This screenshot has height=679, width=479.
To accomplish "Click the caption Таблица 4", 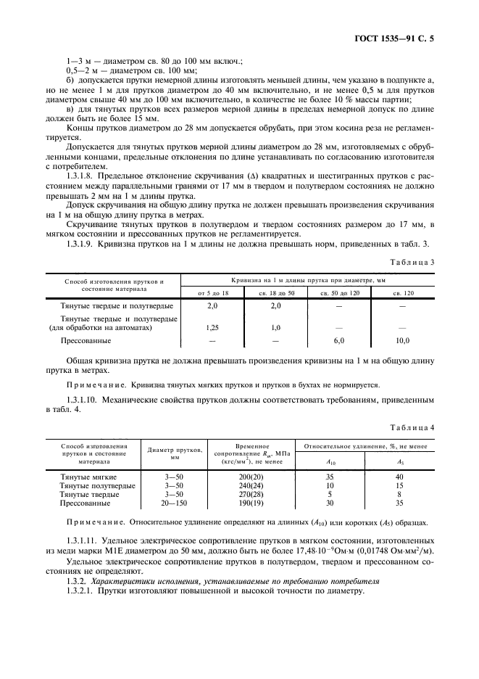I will point(412,428).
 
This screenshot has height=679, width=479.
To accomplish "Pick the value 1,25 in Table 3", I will point(212,328).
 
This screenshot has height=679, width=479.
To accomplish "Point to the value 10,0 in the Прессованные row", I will point(401,339).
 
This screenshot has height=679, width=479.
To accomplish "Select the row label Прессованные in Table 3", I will point(86,339).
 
